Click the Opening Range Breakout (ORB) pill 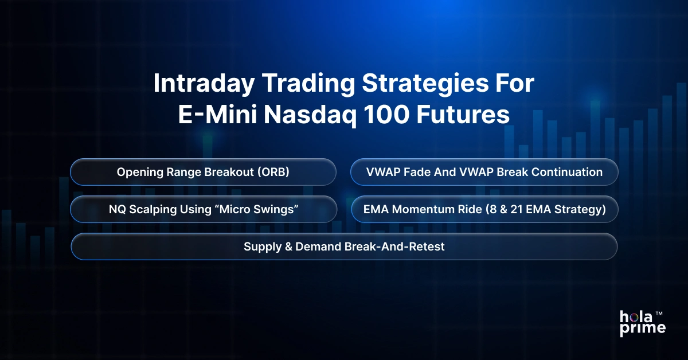coord(203,172)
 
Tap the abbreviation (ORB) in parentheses coord(272,172)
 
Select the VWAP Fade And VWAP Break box coord(484,172)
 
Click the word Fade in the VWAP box coord(412,172)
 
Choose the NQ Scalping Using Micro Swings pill coord(203,210)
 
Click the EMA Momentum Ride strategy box coord(484,210)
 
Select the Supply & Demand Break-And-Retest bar coord(344,246)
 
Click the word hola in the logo coord(634,317)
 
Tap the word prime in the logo coord(642,328)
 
